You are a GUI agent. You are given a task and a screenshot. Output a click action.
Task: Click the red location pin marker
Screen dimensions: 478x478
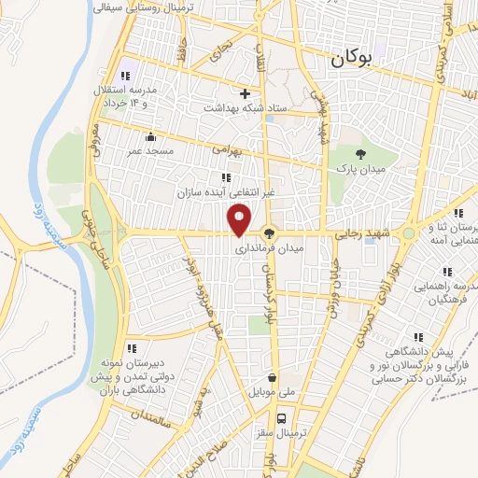[x=240, y=218]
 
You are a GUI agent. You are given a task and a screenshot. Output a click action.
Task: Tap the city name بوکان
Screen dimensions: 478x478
[x=350, y=59]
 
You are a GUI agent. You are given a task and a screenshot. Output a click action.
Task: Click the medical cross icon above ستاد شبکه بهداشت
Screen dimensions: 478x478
[x=246, y=93]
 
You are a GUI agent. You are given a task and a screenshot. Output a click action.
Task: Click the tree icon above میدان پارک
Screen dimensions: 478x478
[x=361, y=154]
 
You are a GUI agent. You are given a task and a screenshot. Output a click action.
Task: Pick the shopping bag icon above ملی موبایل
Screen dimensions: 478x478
[x=271, y=379]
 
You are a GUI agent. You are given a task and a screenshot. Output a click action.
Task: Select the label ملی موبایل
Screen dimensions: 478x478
[x=272, y=394]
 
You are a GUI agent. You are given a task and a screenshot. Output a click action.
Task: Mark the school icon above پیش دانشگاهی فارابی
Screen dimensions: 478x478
[x=417, y=338]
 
